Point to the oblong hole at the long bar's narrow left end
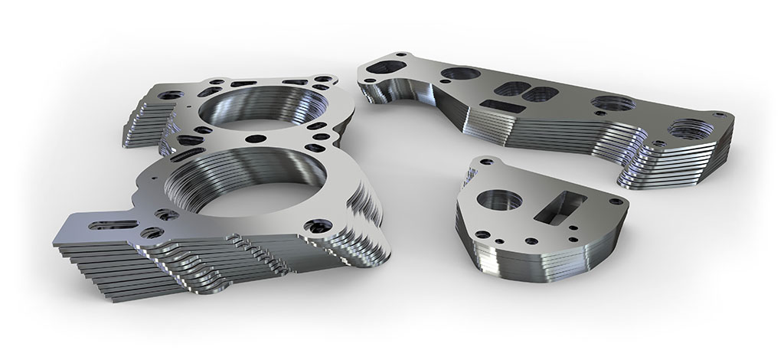[392, 65]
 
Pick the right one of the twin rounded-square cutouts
[539, 93]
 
